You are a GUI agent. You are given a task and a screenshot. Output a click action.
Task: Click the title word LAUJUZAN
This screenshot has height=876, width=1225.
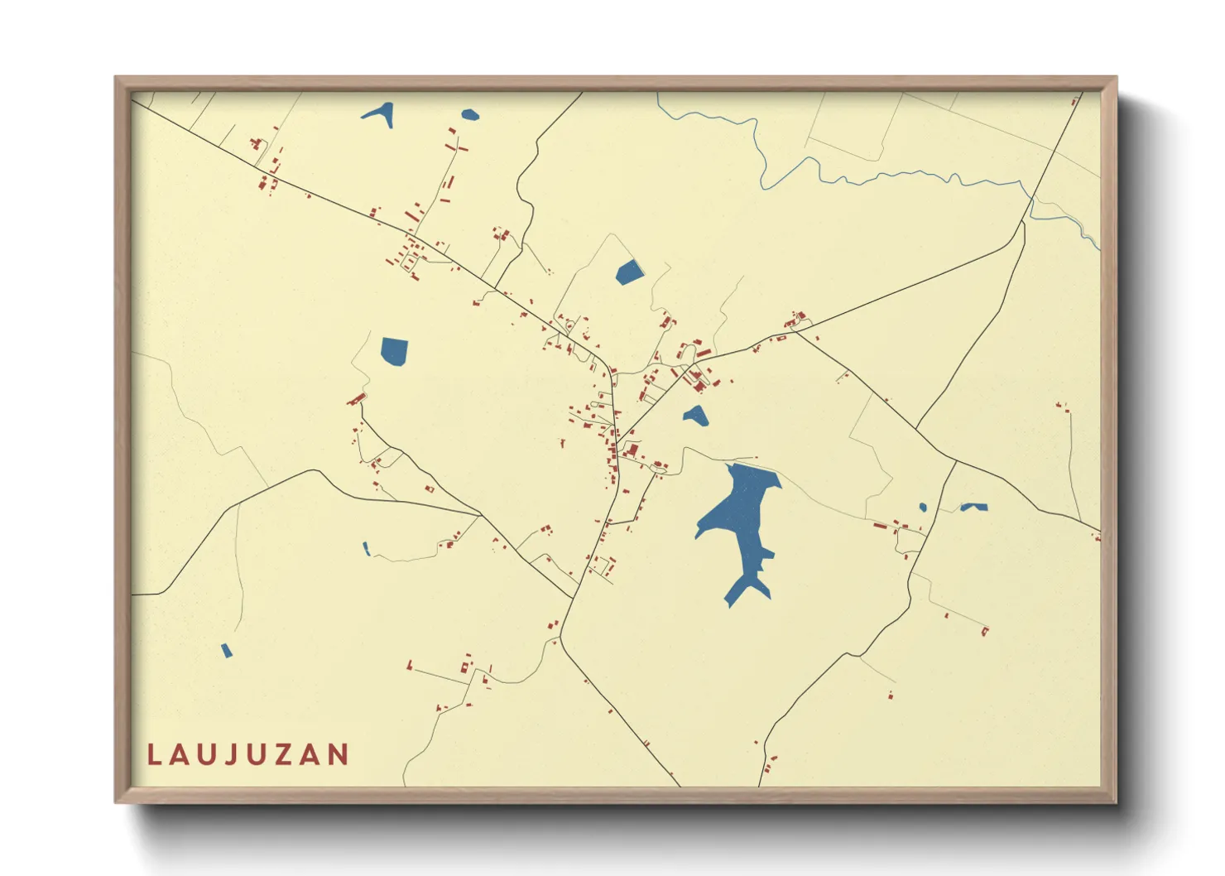[248, 754]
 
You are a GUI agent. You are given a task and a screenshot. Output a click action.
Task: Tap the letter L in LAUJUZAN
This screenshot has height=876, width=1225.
[154, 754]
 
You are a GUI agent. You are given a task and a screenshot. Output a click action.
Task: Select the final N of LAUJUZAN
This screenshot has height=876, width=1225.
[339, 754]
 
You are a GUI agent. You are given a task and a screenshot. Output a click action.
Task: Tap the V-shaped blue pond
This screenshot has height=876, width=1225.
[380, 114]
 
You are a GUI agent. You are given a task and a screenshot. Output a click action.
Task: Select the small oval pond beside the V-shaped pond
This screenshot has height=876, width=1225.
[470, 115]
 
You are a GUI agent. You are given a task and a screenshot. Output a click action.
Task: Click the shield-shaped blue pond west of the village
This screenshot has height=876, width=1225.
[394, 350]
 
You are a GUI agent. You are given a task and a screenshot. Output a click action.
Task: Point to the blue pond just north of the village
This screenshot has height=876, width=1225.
[629, 272]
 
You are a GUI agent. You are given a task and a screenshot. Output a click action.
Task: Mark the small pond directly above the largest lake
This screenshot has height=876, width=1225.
[695, 416]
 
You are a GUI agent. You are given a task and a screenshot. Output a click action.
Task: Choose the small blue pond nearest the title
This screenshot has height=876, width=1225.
[227, 651]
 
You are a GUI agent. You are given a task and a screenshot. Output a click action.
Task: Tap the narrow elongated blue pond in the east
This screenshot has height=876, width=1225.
[973, 507]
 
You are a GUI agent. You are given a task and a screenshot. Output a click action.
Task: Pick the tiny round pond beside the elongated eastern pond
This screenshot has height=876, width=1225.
[923, 508]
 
